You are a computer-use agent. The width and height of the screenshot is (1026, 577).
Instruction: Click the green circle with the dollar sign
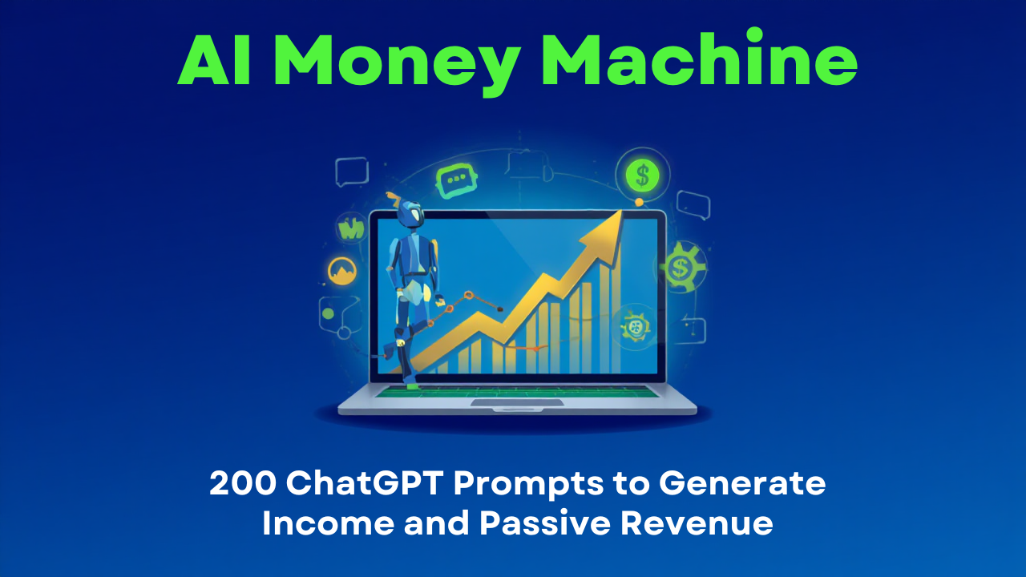pos(640,171)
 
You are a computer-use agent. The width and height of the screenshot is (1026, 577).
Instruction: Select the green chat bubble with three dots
pos(457,182)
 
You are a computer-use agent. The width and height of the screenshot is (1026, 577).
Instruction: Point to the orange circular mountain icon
pos(342,272)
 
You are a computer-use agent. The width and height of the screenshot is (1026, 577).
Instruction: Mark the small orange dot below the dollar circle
pos(639,202)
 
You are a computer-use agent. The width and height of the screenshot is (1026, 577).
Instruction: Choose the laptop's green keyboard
pos(521,392)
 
